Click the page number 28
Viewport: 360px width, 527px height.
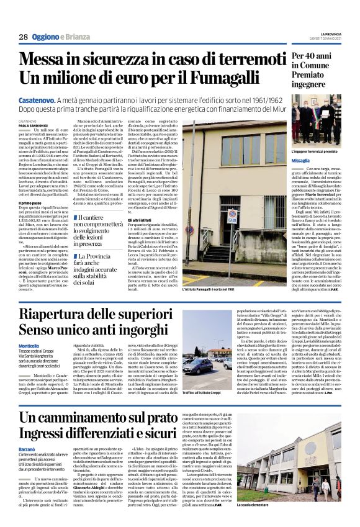[23, 37]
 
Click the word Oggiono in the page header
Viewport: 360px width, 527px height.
[48, 37]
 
